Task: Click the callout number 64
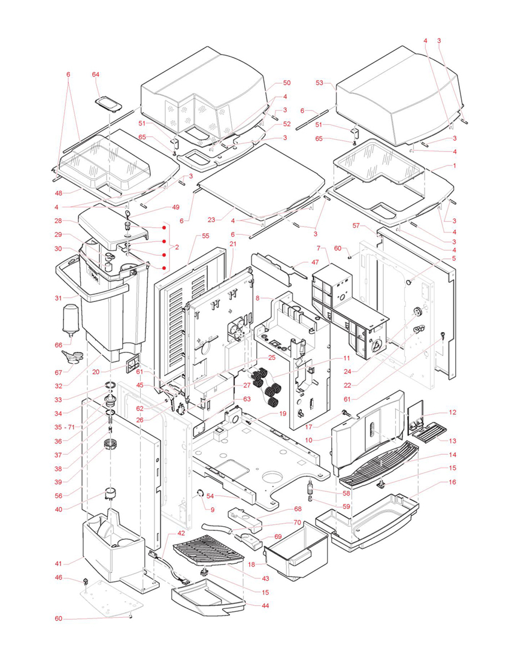(x=95, y=74)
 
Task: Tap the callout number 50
(x=286, y=83)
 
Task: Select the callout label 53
(x=319, y=83)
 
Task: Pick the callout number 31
(x=58, y=298)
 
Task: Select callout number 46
(x=58, y=578)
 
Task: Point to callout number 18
(x=252, y=565)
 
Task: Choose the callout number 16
(x=452, y=482)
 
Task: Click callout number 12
(x=452, y=412)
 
